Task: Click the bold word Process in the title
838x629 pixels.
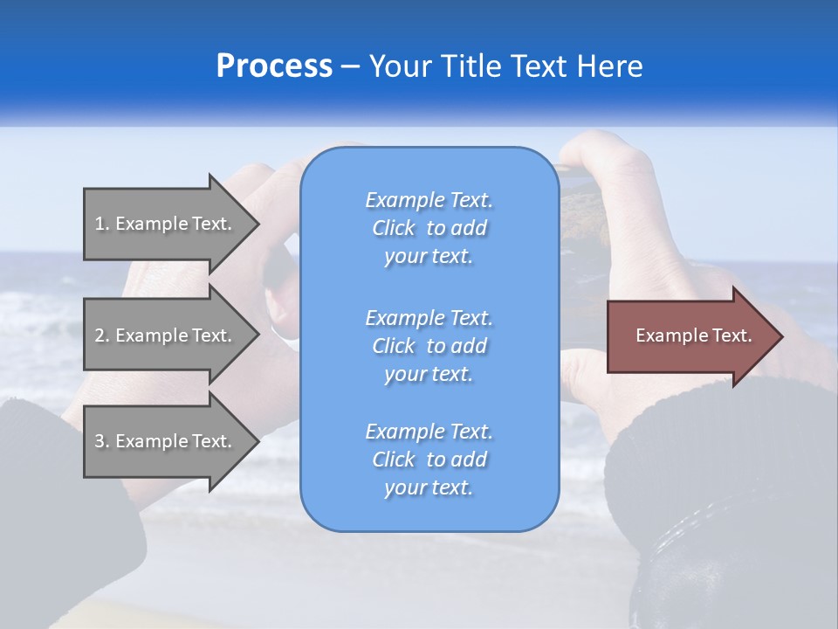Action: (x=274, y=66)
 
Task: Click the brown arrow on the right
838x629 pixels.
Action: (x=690, y=336)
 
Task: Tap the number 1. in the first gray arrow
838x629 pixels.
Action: (x=102, y=224)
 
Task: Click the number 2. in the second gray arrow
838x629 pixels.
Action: (x=102, y=335)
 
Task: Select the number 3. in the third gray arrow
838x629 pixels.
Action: (x=102, y=441)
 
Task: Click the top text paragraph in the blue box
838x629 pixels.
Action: (x=429, y=228)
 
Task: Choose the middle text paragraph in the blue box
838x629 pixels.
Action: (x=429, y=346)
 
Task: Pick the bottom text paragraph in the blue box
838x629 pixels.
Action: (x=429, y=460)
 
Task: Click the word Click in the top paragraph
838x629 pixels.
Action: (x=394, y=228)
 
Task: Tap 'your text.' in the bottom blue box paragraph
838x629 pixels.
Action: (x=429, y=487)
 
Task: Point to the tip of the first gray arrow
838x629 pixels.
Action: (x=257, y=224)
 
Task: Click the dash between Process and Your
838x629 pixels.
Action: (x=351, y=66)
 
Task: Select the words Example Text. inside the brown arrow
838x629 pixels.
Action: (x=693, y=335)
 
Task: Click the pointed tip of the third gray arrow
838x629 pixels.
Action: (x=257, y=441)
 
